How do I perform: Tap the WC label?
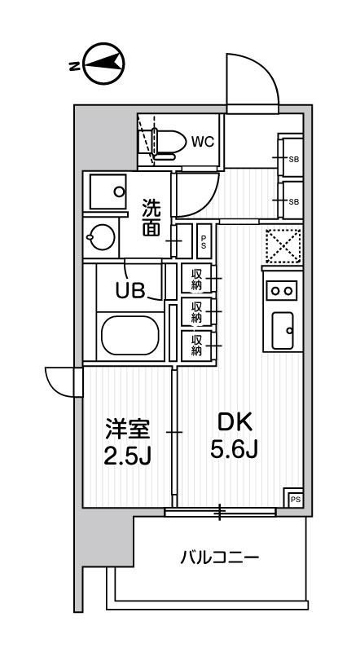click(x=202, y=141)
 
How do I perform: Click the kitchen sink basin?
click(x=283, y=329)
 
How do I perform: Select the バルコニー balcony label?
click(x=219, y=559)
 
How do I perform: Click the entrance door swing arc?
click(x=251, y=86)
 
